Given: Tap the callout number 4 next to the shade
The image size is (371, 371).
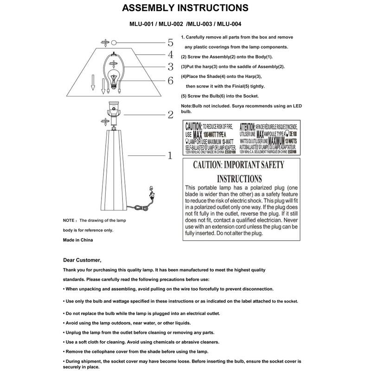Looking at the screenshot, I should (170, 55).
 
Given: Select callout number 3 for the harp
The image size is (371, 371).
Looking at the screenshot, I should (170, 67).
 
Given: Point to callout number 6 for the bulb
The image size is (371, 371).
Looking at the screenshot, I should (170, 81).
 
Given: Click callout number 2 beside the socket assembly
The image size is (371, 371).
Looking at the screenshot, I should (170, 115).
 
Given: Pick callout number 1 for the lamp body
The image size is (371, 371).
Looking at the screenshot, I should (170, 156).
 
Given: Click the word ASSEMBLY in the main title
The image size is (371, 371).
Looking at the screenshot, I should (149, 8).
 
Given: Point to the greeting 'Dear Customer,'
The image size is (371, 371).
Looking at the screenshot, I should (82, 260).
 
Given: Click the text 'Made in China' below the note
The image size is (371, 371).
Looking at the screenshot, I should (78, 240).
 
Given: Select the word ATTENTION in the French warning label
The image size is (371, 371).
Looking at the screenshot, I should (252, 126).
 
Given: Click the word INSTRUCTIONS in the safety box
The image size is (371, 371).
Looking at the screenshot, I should (239, 179).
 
